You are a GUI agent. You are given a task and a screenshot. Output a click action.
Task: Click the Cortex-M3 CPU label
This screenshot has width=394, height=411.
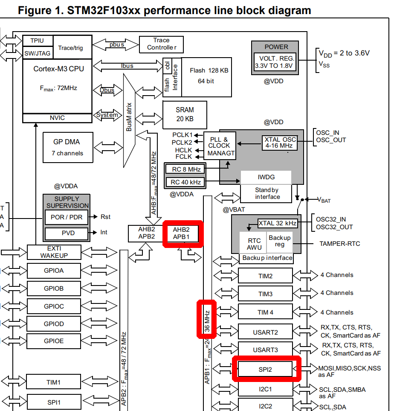(58, 68)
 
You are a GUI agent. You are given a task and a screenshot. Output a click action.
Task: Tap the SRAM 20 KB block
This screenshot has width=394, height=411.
(184, 114)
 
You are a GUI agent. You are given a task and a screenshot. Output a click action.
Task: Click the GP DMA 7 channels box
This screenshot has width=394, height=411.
(68, 147)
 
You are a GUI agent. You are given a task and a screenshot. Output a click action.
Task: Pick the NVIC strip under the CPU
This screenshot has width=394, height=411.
(57, 118)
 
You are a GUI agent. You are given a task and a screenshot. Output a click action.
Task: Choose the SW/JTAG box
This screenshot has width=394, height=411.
(38, 53)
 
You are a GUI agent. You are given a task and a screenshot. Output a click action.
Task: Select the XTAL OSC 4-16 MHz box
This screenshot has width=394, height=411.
(280, 143)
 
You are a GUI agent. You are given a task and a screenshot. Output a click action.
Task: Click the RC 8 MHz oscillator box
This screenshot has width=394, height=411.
(185, 169)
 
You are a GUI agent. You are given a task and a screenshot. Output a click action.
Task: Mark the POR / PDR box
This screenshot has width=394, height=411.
(66, 217)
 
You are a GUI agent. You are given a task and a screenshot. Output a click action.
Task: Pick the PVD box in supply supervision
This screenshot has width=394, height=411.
(66, 233)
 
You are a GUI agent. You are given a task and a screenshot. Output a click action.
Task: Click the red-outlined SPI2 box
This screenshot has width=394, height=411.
(265, 369)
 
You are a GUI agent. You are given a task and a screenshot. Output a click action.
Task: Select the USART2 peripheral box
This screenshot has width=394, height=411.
(265, 332)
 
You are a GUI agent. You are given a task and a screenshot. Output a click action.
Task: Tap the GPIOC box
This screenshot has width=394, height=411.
(54, 306)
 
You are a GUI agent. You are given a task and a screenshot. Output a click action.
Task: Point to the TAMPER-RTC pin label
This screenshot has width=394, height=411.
(339, 244)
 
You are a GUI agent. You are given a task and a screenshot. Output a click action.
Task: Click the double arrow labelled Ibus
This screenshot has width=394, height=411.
(127, 66)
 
